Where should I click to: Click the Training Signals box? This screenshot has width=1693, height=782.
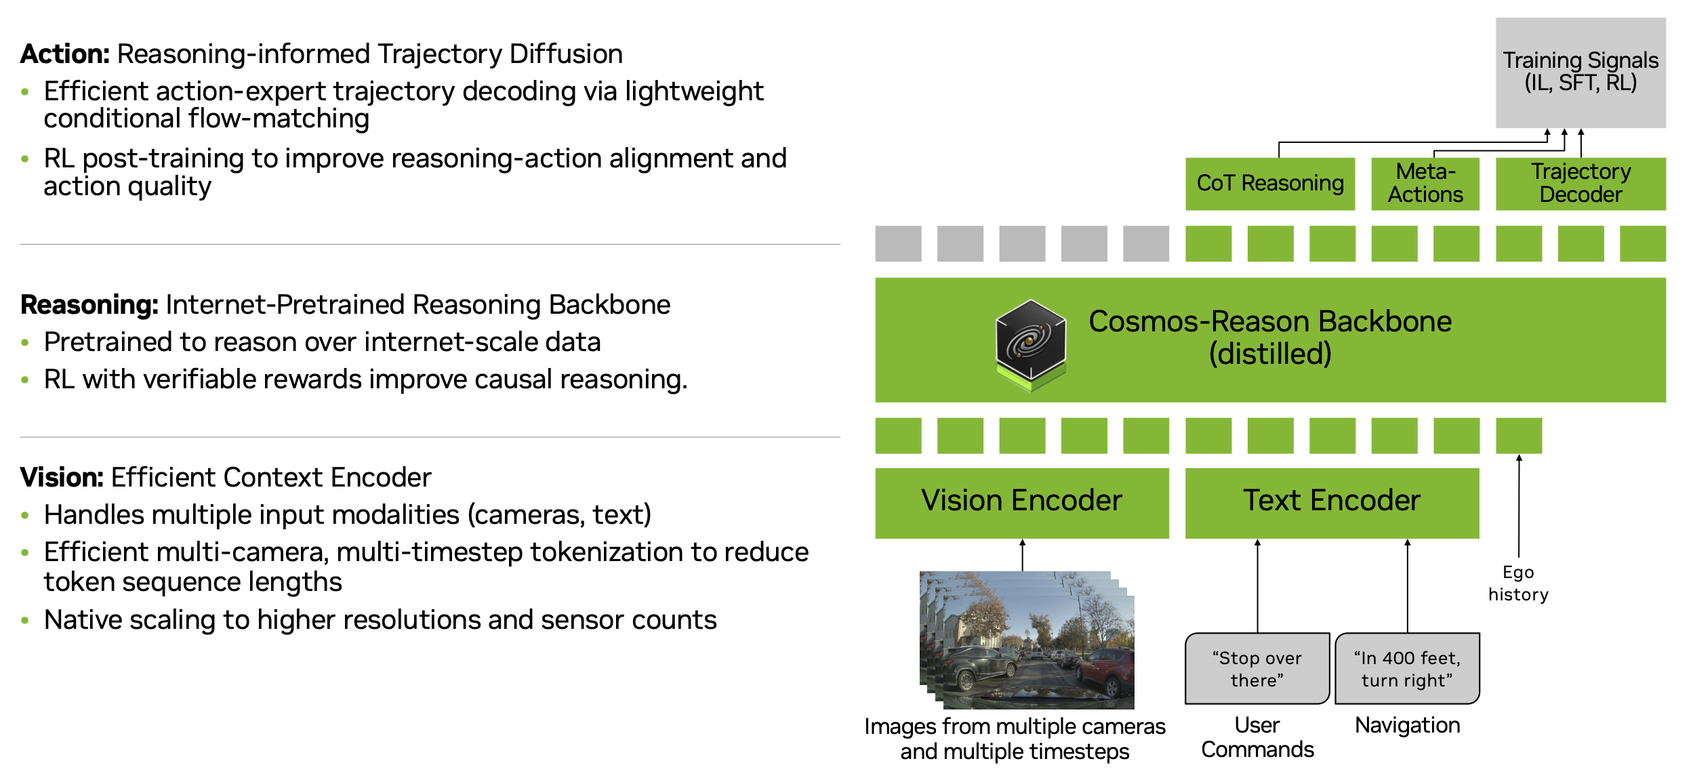[1580, 72]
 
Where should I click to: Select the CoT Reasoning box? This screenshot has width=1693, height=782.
[1269, 184]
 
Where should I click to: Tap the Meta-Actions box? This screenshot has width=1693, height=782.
[1425, 184]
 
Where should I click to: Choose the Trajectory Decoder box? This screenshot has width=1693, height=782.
[1580, 184]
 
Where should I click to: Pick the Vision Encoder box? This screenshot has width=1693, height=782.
[1021, 502]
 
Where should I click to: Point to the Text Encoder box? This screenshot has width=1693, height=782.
[1331, 502]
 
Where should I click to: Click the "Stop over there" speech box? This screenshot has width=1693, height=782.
[1257, 669]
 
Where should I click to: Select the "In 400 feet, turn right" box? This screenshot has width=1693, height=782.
[1407, 669]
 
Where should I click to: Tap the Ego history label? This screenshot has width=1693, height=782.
[1518, 583]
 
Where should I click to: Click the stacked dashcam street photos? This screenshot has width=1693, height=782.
[1027, 640]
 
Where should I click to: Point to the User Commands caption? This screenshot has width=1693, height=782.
[1257, 737]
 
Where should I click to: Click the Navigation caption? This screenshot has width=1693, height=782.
[1407, 725]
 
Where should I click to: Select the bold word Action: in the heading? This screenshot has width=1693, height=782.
[65, 54]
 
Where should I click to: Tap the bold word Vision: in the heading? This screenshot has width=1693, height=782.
[62, 478]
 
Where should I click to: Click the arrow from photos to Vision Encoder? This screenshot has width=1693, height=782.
[1022, 555]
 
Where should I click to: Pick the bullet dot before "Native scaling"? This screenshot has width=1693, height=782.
[25, 621]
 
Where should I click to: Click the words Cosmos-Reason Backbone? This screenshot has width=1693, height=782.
[1270, 321]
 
